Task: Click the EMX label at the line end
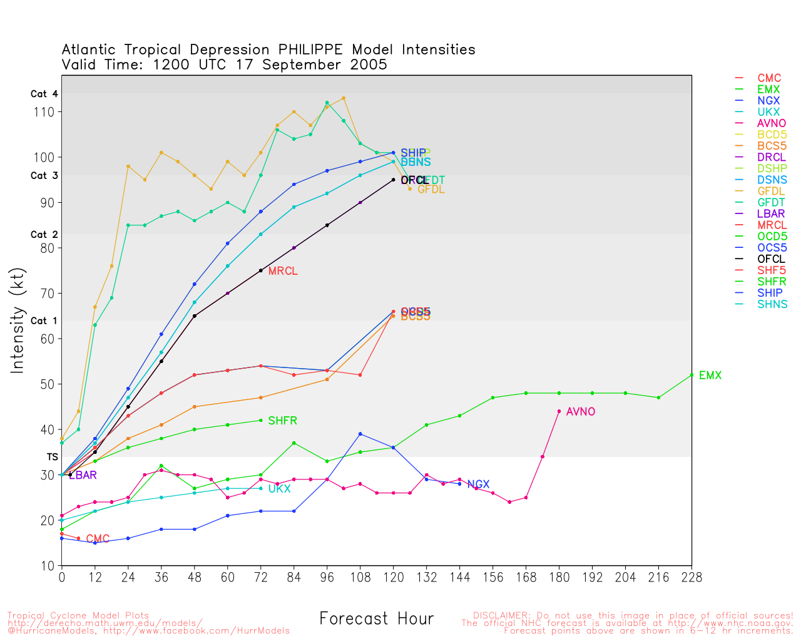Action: pyautogui.click(x=710, y=376)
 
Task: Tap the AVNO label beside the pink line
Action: pyautogui.click(x=580, y=412)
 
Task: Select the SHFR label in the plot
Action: pyautogui.click(x=282, y=421)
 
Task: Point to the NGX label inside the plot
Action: pyautogui.click(x=478, y=485)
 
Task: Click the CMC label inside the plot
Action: pyautogui.click(x=98, y=539)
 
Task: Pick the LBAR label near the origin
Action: pyautogui.click(x=83, y=475)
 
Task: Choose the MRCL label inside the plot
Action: pyautogui.click(x=283, y=271)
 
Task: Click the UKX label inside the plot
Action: pyautogui.click(x=279, y=489)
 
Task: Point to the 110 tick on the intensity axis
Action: pyautogui.click(x=48, y=112)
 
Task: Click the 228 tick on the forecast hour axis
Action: pyautogui.click(x=691, y=577)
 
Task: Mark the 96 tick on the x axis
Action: pyautogui.click(x=327, y=577)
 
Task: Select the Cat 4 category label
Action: pyautogui.click(x=44, y=94)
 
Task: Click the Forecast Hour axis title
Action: pyautogui.click(x=376, y=618)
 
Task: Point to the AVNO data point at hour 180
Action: pyautogui.click(x=559, y=411)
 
